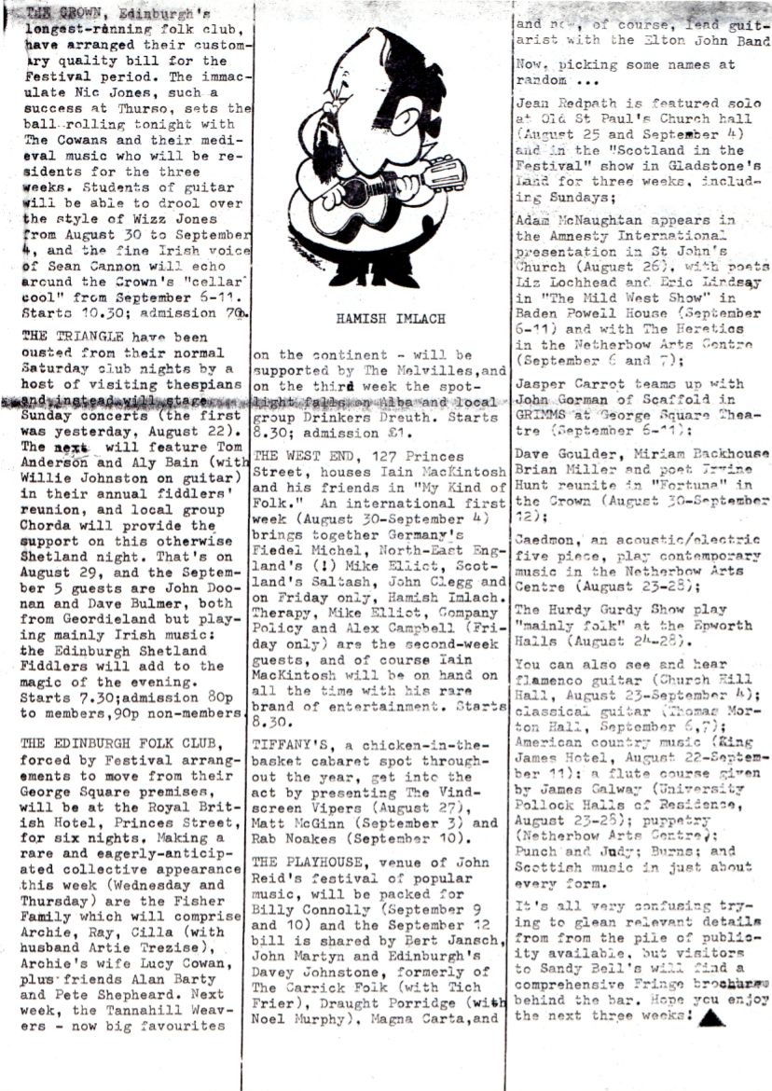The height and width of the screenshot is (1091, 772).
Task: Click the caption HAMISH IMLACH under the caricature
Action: pyautogui.click(x=380, y=319)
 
